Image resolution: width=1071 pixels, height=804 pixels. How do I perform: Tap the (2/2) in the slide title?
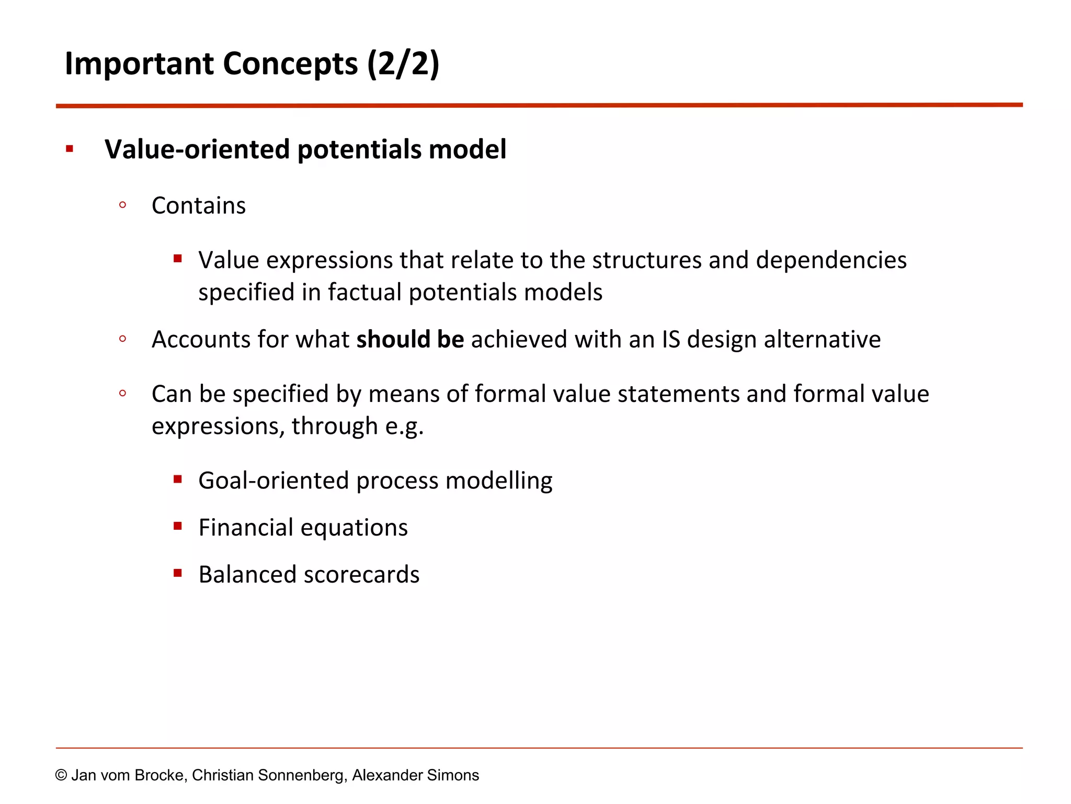[x=403, y=64]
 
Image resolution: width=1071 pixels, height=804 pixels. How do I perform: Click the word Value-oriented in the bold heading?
[x=197, y=149]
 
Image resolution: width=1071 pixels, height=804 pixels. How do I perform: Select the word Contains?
[x=198, y=206]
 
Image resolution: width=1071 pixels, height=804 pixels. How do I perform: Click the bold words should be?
[x=410, y=339]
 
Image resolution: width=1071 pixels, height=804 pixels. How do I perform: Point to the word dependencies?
[x=831, y=260]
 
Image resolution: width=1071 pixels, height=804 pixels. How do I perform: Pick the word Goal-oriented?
[x=274, y=481]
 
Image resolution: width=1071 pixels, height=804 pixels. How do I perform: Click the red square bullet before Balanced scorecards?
[x=178, y=573]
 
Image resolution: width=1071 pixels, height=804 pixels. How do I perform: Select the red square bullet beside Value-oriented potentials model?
[x=70, y=149]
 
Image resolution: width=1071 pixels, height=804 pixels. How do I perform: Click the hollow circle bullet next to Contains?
[x=122, y=205]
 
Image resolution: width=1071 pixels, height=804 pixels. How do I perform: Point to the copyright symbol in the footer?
[x=61, y=775]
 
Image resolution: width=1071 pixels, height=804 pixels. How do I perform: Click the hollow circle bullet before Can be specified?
[x=122, y=394]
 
